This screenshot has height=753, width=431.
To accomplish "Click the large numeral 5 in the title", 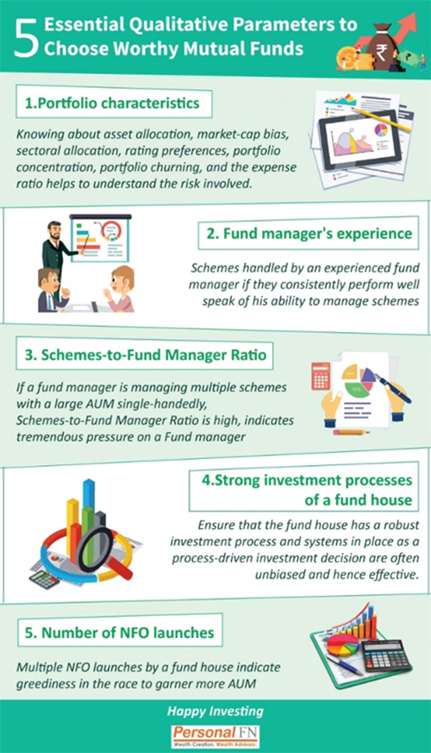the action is pyautogui.click(x=26, y=40).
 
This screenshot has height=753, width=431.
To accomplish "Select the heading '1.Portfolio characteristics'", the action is pyautogui.click(x=112, y=103).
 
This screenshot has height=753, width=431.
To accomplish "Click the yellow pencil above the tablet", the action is pyautogui.click(x=381, y=118).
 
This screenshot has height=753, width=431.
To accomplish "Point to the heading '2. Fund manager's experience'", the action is pyautogui.click(x=309, y=234).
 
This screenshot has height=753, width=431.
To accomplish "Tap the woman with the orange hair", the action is pyautogui.click(x=120, y=288).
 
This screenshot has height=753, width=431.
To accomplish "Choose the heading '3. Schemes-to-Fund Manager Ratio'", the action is pyautogui.click(x=145, y=355).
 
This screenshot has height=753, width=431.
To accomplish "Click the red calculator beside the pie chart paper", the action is pyautogui.click(x=321, y=375).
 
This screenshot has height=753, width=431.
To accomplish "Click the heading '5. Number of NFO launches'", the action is pyautogui.click(x=119, y=632).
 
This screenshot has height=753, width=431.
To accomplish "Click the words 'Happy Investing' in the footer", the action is pyautogui.click(x=215, y=712).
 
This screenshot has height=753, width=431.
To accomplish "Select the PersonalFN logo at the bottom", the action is pyautogui.click(x=215, y=737).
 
